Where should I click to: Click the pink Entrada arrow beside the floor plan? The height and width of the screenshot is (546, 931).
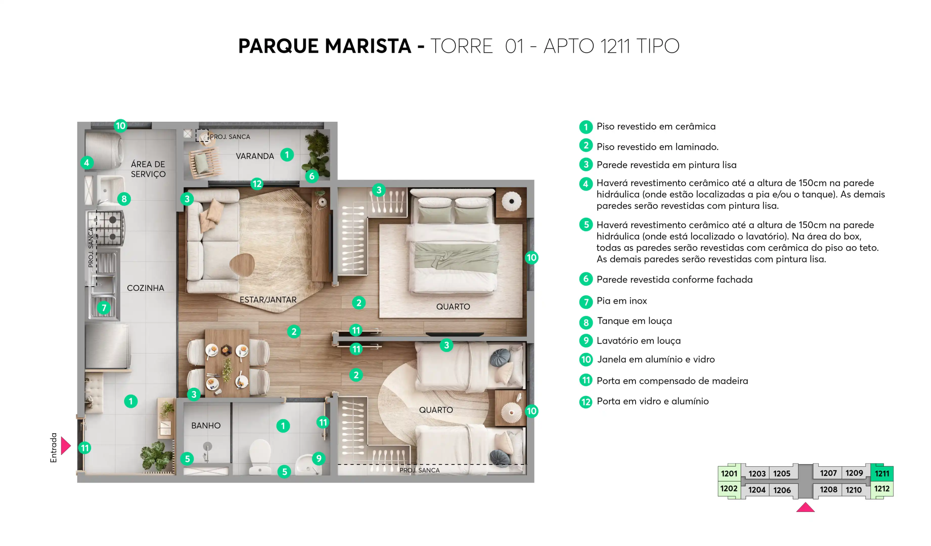click(x=65, y=446)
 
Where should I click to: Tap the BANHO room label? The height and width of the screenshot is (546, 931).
click(x=206, y=426)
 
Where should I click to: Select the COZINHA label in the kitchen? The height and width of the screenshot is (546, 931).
click(x=145, y=288)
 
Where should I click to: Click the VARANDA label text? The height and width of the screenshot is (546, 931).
click(x=255, y=156)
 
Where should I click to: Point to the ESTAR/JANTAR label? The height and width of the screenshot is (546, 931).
click(x=268, y=300)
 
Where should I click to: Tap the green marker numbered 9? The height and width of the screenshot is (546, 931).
click(x=319, y=459)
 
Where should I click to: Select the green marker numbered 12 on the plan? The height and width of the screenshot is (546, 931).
click(x=257, y=184)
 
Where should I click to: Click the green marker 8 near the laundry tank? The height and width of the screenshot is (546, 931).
click(x=124, y=199)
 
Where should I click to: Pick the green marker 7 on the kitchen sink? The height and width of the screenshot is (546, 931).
click(x=104, y=308)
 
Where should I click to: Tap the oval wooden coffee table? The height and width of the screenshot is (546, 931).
click(x=242, y=264)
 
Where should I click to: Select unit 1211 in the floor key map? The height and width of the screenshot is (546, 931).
click(x=882, y=473)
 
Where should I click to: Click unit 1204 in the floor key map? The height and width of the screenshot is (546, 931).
click(x=757, y=490)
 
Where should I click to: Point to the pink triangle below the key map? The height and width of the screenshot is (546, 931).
click(x=806, y=507)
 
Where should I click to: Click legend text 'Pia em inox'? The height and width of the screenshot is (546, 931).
click(x=622, y=301)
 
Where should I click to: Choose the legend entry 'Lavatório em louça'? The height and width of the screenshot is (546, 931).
click(x=639, y=341)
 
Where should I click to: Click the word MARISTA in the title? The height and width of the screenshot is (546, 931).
click(x=368, y=46)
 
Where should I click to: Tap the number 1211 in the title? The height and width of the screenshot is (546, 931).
click(x=615, y=46)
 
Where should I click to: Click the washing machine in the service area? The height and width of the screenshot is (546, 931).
click(x=104, y=151)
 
